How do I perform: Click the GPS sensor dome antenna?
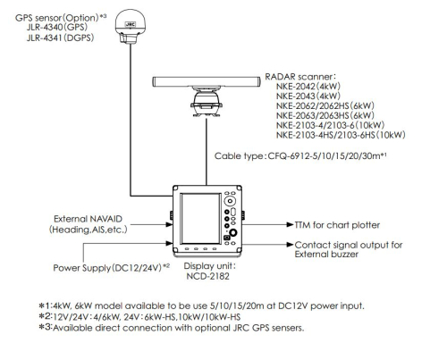click(131, 26)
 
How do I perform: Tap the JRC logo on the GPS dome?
click(131, 25)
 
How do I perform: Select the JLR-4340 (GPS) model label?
click(57, 27)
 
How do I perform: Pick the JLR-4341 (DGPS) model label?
click(60, 38)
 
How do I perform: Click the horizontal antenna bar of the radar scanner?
click(207, 81)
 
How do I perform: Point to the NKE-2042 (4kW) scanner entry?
click(308, 87)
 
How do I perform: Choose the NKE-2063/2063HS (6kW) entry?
click(325, 115)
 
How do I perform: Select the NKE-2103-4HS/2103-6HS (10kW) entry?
click(341, 135)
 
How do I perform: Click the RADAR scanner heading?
click(300, 77)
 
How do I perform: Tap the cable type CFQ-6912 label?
click(300, 155)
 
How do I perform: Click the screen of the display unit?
click(200, 219)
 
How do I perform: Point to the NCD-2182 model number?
click(207, 276)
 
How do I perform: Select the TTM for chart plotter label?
click(337, 225)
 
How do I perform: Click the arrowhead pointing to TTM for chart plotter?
click(290, 224)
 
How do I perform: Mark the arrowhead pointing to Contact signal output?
click(290, 245)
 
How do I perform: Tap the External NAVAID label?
click(88, 219)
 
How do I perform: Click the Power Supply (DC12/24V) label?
click(111, 268)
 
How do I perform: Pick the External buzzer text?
click(326, 255)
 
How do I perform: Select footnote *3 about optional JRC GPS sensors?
click(172, 328)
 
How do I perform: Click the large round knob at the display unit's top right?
click(230, 201)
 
